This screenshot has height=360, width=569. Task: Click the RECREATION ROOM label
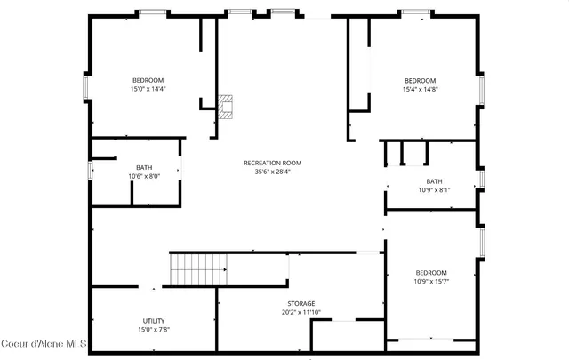[x=273, y=163]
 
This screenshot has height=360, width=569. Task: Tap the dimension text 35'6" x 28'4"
[x=273, y=172]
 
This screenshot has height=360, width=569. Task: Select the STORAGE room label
[x=301, y=303]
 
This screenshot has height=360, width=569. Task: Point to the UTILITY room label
[x=154, y=320]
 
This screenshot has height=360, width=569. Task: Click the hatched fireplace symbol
[x=226, y=108]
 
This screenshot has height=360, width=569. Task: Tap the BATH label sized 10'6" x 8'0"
[x=144, y=167]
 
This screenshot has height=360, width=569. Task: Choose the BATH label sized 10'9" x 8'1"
[x=434, y=181]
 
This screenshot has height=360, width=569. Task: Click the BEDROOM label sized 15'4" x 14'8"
[x=421, y=79]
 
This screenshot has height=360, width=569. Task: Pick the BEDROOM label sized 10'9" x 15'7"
[x=431, y=272]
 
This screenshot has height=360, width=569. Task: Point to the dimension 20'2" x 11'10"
[x=301, y=312]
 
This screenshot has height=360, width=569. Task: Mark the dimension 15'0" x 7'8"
[x=154, y=329]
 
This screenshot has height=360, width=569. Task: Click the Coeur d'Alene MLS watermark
[x=44, y=343]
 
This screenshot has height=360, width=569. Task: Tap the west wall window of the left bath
[x=90, y=170]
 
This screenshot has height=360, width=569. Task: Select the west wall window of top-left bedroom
[x=84, y=87]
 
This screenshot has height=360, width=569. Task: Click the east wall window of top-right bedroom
[x=481, y=89]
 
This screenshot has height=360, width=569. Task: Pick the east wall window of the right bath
[x=481, y=179]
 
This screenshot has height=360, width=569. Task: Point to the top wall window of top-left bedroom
[x=151, y=12]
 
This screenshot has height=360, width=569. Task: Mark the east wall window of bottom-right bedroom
[x=481, y=242]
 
